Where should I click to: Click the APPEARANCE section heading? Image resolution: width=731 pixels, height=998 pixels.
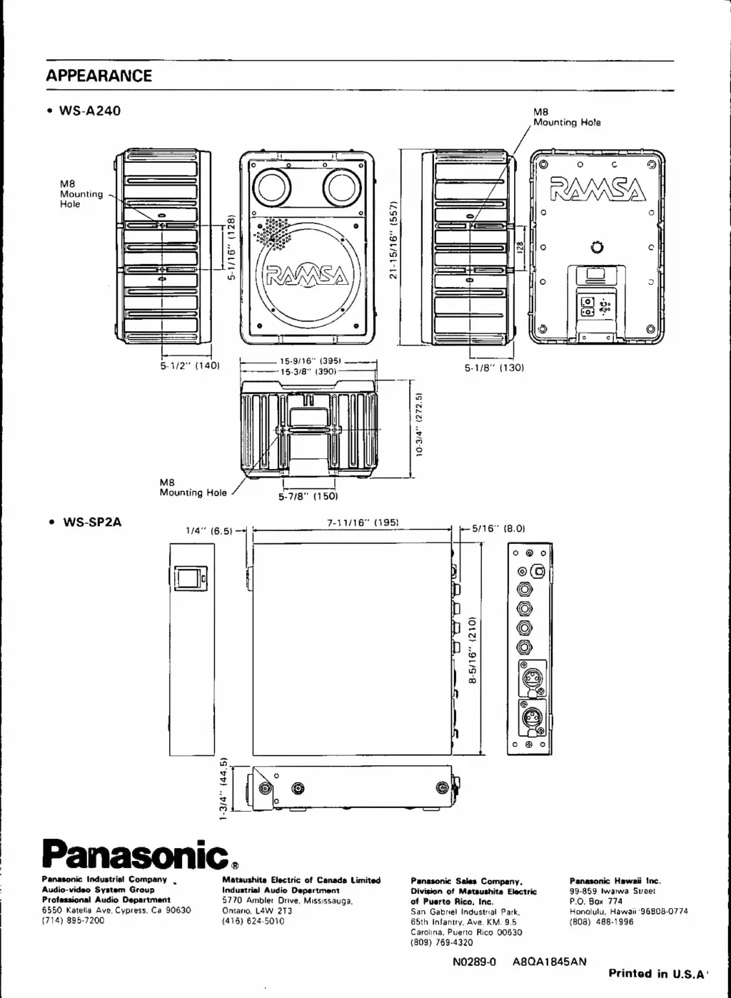[x=99, y=76]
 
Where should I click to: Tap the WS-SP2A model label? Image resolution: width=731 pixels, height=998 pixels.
[x=92, y=522]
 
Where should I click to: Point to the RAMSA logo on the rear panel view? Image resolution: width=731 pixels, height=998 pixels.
[x=598, y=189]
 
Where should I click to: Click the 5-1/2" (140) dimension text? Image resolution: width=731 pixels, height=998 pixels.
[x=189, y=366]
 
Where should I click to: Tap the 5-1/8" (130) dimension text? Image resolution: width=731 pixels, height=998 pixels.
[x=495, y=368]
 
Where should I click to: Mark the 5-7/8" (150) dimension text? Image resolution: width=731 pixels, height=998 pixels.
[x=308, y=496]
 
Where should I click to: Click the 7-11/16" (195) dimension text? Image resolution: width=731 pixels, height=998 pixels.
[x=362, y=523]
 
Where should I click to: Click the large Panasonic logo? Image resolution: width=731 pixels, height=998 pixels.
[x=134, y=851]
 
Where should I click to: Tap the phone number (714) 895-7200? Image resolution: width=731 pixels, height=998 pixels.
[x=73, y=921]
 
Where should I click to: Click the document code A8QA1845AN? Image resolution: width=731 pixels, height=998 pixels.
[x=549, y=961]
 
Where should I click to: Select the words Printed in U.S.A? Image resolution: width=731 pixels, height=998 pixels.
[x=657, y=973]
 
